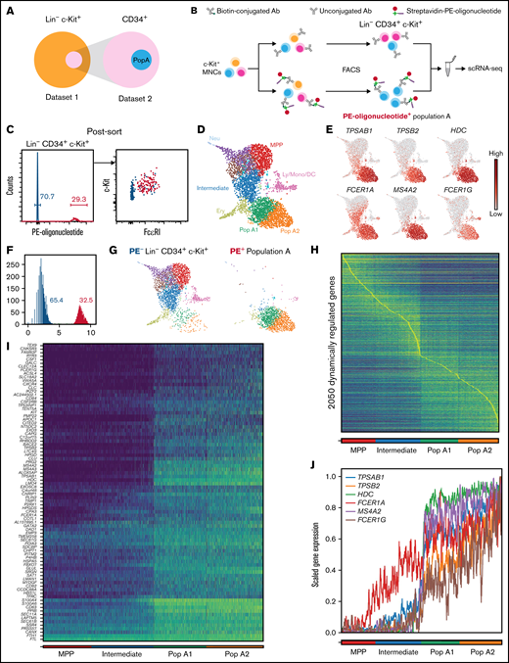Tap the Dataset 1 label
coord(49,108)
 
